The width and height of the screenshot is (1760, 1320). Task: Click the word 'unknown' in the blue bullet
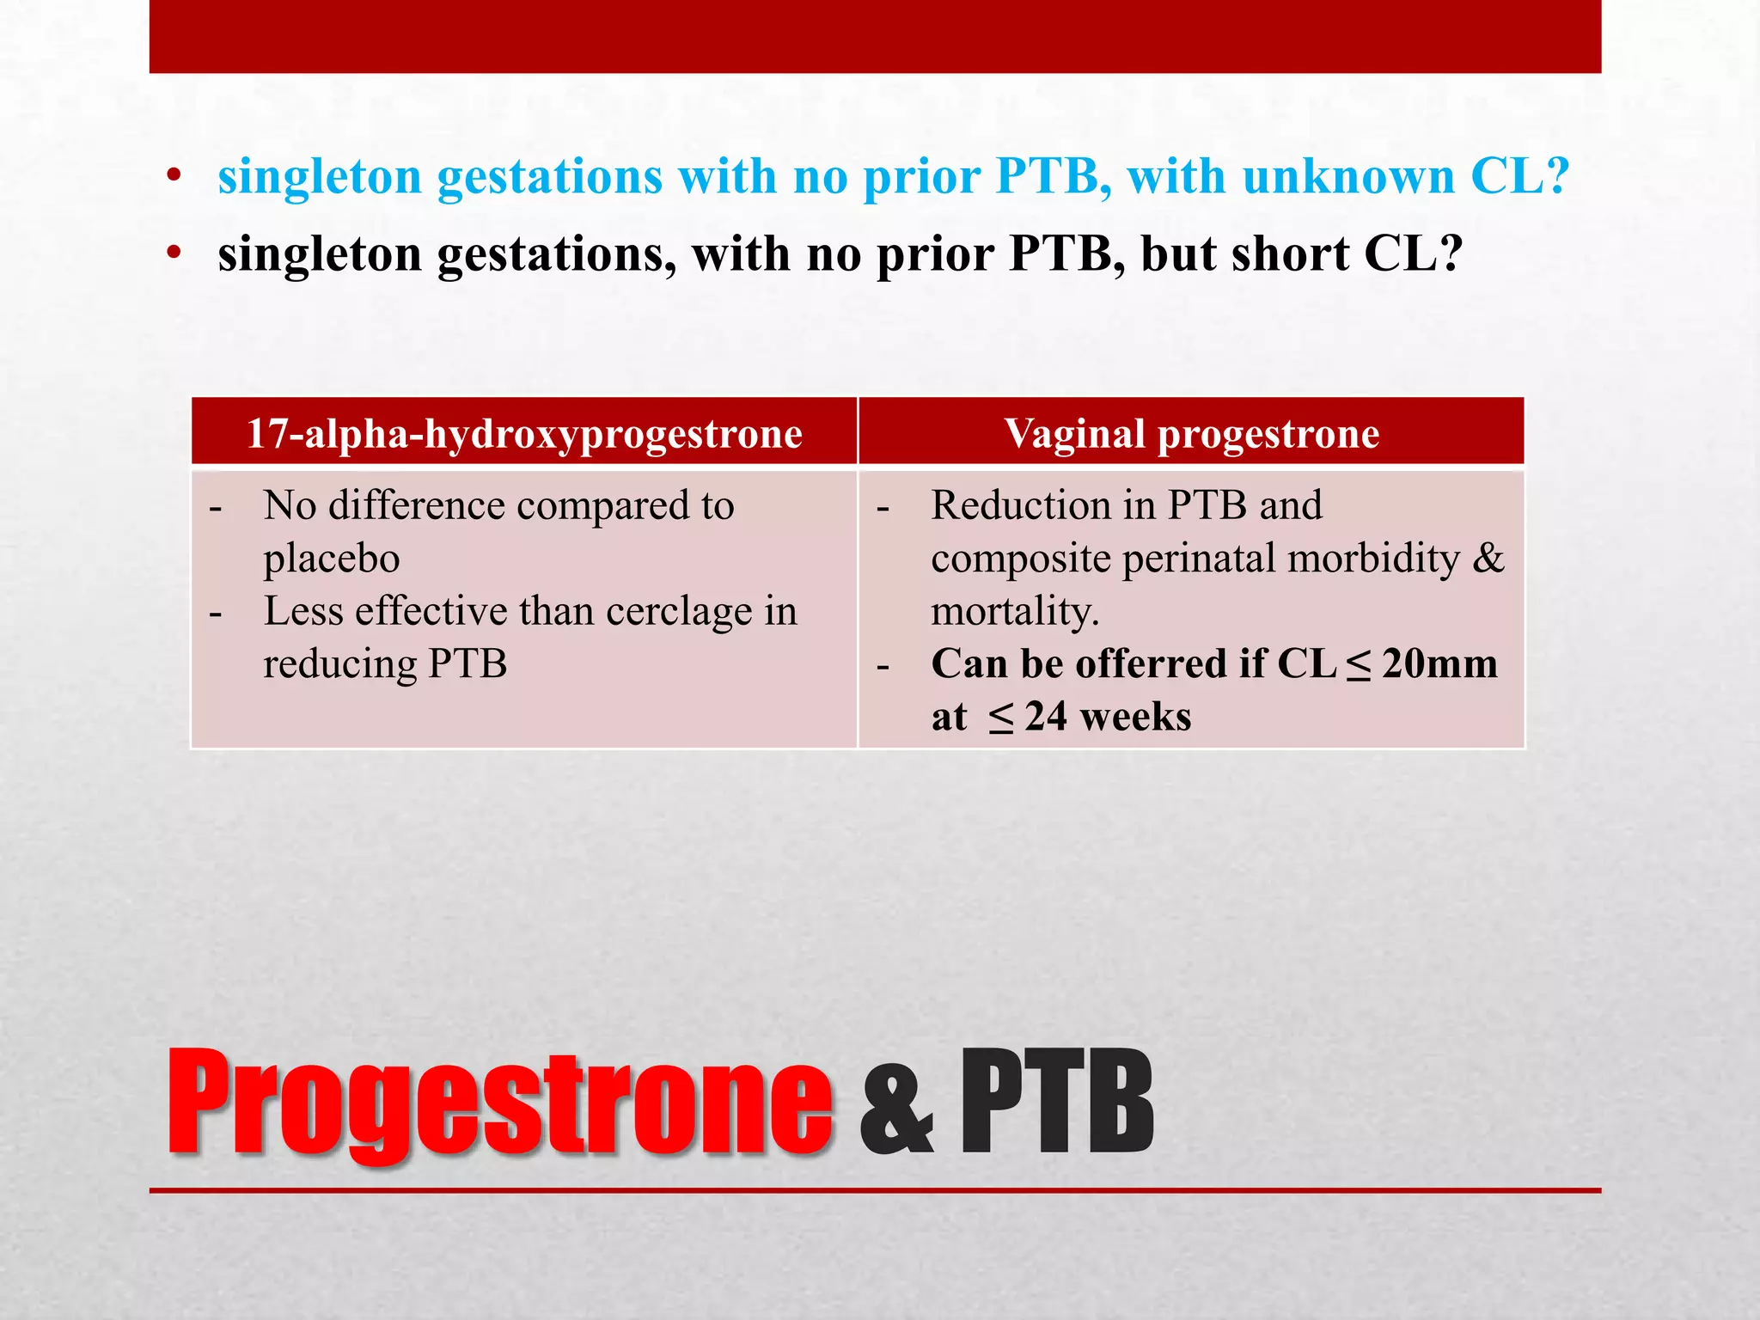(1348, 177)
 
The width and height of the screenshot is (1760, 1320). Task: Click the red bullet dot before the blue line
(174, 177)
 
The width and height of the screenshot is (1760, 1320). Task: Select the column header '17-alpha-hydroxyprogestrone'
(524, 433)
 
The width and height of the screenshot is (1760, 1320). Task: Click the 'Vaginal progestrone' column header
(1191, 433)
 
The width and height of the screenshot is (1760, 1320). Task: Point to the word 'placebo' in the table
(332, 559)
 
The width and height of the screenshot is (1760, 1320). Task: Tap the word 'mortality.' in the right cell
(1015, 612)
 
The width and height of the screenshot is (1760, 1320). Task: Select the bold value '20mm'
(1439, 664)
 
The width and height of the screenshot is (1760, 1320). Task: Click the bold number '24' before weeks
(1046, 717)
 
